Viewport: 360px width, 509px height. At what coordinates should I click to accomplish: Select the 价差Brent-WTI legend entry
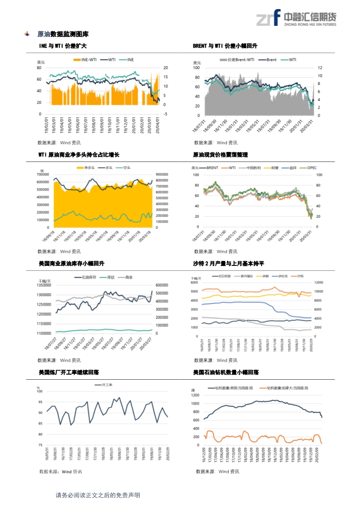point(237,60)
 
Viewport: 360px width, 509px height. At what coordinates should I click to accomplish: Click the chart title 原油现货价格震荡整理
point(220,155)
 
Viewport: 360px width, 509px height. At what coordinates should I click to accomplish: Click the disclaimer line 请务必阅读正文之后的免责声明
point(98,495)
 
